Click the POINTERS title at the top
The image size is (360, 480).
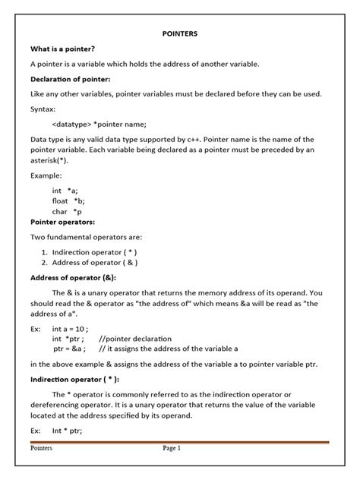click(179, 34)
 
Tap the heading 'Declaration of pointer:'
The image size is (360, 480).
click(70, 78)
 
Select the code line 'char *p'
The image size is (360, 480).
click(67, 211)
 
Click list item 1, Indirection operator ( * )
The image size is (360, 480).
click(94, 251)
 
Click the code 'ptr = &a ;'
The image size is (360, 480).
click(69, 348)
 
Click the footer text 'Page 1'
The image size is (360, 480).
click(172, 448)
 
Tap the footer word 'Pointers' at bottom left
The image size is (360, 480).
click(41, 448)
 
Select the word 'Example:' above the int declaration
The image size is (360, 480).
click(46, 175)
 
